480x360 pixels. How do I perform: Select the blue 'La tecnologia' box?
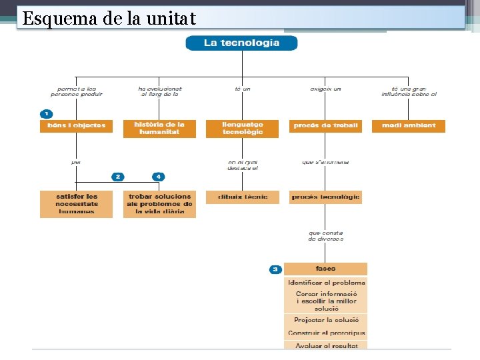[x=241, y=43]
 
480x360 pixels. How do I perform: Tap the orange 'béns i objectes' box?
[x=76, y=125]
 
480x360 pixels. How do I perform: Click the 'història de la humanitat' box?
[x=159, y=128]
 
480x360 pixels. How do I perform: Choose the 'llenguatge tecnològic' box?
[x=243, y=128]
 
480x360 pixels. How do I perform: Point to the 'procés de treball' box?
[x=326, y=125]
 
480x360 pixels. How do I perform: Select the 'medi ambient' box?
[x=409, y=125]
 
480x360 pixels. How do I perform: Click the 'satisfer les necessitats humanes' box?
[x=77, y=204]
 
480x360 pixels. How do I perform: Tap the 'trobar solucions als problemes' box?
[x=159, y=204]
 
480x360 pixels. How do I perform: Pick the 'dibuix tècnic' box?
[x=243, y=197]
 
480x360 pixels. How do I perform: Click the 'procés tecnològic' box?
[x=326, y=197]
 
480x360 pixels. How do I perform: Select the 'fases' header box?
[x=325, y=269]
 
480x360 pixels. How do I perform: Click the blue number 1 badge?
[x=46, y=114]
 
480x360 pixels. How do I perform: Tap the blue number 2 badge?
[x=118, y=177]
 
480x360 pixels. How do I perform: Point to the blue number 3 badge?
[x=275, y=269]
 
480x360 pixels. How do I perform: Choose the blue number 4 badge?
[x=158, y=177]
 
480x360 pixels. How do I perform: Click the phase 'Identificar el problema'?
[x=326, y=283]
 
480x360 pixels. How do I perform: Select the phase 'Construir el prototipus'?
[x=326, y=333]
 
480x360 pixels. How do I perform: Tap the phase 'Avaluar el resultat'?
[x=326, y=345]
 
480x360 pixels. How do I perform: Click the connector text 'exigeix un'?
[x=325, y=89]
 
